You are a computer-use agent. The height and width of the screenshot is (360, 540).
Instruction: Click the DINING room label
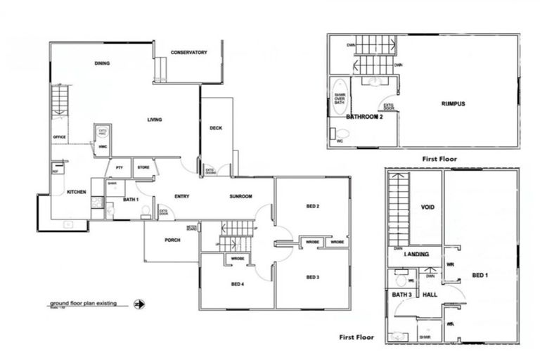coord(102,64)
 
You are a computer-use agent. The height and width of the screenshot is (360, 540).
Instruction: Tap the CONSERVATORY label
coord(189,52)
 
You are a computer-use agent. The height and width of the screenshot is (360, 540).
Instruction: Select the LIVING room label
coord(155,120)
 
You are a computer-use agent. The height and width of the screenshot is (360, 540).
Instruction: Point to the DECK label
coord(216,127)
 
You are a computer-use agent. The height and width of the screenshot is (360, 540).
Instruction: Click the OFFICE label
coord(60,137)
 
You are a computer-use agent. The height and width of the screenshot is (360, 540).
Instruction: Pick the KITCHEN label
coord(76,192)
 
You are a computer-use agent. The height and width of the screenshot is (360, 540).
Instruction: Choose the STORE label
coord(143,167)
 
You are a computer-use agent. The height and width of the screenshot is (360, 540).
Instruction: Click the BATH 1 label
coord(131,200)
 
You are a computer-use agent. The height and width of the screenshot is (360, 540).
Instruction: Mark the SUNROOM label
coord(240,196)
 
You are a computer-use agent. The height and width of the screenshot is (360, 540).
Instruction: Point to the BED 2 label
coord(313,206)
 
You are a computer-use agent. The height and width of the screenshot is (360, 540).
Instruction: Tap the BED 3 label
coord(313,278)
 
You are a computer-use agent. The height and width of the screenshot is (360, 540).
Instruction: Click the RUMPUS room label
coord(454,104)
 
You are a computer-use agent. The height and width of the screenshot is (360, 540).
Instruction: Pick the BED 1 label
coord(480,274)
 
